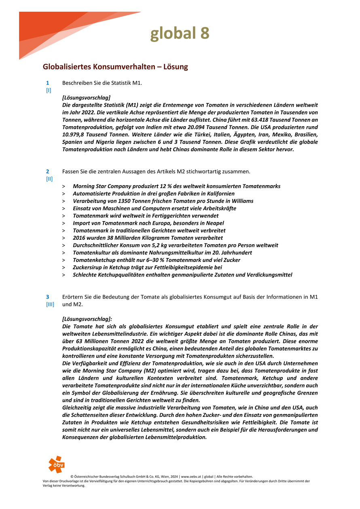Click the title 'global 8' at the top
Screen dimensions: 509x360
(x=180, y=34)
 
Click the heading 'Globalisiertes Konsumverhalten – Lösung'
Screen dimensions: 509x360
(x=115, y=66)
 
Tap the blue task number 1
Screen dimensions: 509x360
(x=48, y=83)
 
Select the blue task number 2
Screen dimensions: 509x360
(x=48, y=171)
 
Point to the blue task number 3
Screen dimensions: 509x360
(x=48, y=297)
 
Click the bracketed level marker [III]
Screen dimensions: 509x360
(x=50, y=304)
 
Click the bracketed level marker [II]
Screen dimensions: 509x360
(x=49, y=179)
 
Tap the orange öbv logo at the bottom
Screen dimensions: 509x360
(x=56, y=465)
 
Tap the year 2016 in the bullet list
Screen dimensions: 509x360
(x=79, y=238)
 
